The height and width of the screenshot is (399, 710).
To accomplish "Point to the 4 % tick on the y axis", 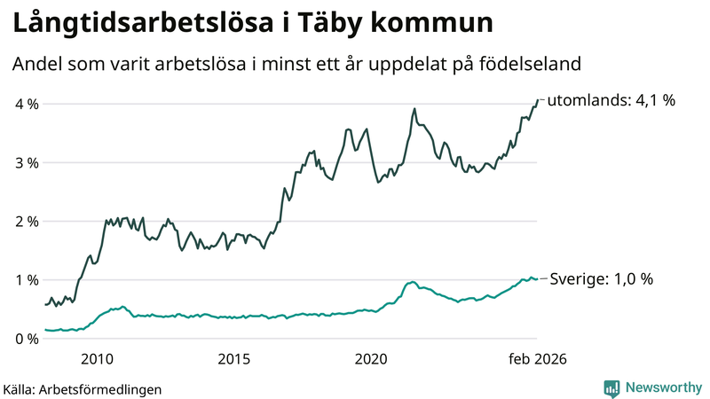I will point(27,104).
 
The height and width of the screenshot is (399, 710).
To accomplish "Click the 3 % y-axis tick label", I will point(27,162).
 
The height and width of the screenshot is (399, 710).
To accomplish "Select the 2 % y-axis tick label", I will point(27,221).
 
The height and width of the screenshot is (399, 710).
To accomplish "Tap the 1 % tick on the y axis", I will point(27,280).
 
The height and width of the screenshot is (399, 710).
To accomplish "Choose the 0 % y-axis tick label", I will point(27,339).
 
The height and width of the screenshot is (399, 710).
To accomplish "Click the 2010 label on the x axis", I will point(97,359).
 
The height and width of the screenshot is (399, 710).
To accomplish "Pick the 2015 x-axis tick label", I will point(234,359).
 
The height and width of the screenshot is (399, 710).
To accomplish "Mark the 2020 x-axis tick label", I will point(372,359).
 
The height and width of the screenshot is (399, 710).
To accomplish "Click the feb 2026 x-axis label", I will point(537,359).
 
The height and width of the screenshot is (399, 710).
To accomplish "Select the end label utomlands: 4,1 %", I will point(611,100).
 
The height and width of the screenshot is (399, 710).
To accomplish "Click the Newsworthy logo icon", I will point(611,387).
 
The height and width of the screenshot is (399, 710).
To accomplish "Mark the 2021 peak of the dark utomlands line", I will point(414,109).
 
